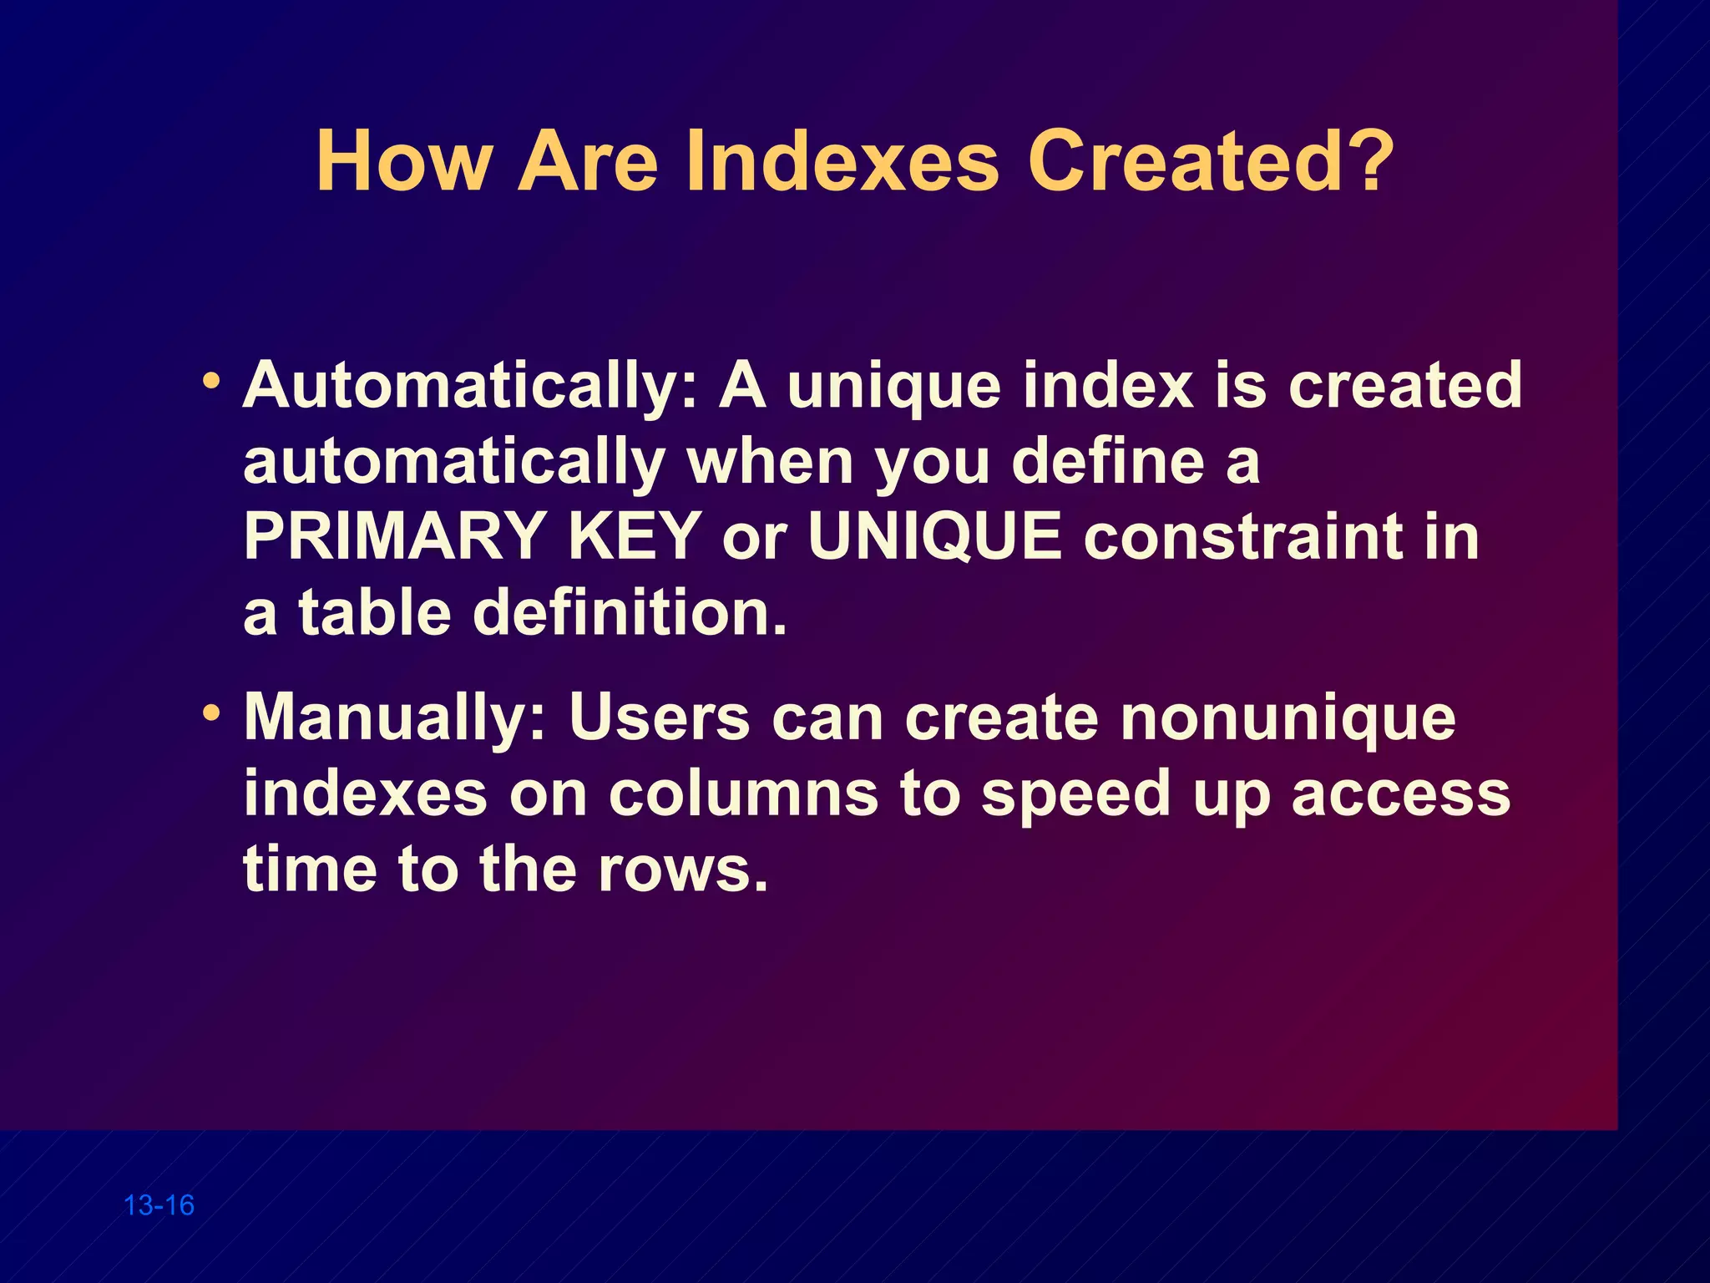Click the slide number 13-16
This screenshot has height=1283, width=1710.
coord(159,1205)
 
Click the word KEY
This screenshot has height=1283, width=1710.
coord(635,536)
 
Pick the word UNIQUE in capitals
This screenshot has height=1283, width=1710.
coord(935,536)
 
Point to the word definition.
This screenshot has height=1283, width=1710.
coord(630,612)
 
